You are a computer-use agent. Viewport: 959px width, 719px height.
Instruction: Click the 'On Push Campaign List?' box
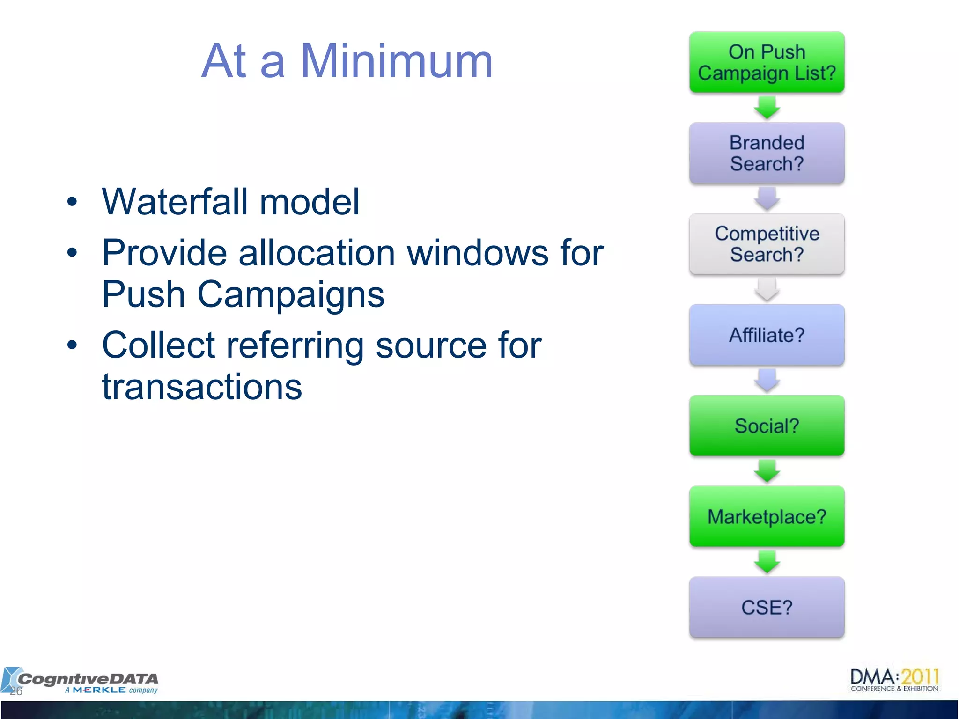click(767, 62)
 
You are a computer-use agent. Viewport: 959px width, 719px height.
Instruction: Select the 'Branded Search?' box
click(767, 153)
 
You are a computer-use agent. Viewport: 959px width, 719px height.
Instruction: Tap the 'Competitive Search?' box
click(767, 244)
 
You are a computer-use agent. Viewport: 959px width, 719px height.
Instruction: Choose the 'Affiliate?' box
click(767, 335)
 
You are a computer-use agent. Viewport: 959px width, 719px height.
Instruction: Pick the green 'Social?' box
click(767, 426)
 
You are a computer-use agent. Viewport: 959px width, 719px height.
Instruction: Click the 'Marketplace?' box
click(767, 516)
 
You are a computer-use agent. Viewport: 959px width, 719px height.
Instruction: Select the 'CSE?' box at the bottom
click(767, 607)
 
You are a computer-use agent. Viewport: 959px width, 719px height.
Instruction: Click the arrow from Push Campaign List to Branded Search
click(767, 108)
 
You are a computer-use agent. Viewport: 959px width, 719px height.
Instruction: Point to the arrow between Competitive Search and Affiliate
click(767, 289)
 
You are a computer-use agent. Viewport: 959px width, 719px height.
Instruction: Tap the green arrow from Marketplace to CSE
click(767, 562)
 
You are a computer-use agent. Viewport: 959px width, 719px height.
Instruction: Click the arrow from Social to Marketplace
click(767, 471)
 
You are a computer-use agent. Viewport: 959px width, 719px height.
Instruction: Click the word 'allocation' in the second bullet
click(317, 253)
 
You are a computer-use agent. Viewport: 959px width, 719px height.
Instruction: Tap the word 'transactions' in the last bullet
click(202, 387)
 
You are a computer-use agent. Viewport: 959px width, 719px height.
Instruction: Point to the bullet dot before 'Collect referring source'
click(72, 345)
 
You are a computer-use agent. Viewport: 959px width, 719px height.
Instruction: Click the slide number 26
click(16, 691)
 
